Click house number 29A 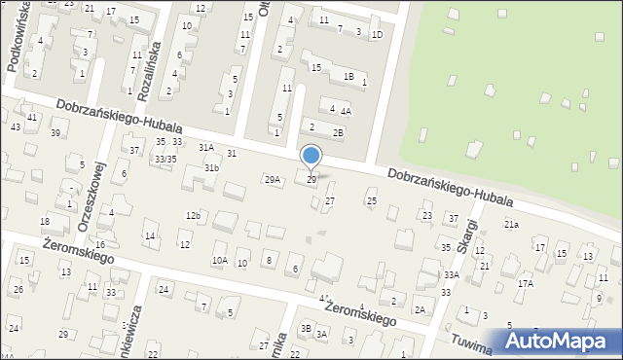(273, 179)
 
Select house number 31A (206, 148)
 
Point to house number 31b (211, 168)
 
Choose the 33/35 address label (165, 159)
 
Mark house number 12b (193, 215)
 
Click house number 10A (220, 261)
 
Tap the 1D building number (377, 34)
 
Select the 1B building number (348, 76)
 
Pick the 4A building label (346, 111)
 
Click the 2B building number (338, 132)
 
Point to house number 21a (511, 225)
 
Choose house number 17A (526, 283)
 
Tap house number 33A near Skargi (451, 275)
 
